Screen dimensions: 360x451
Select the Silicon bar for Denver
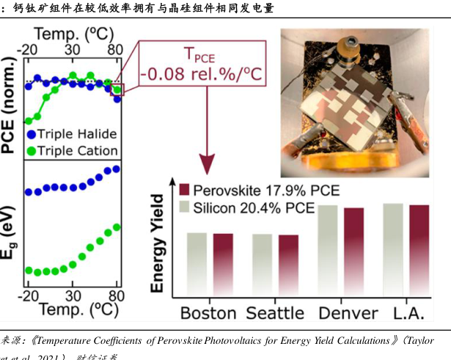point(327,249)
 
